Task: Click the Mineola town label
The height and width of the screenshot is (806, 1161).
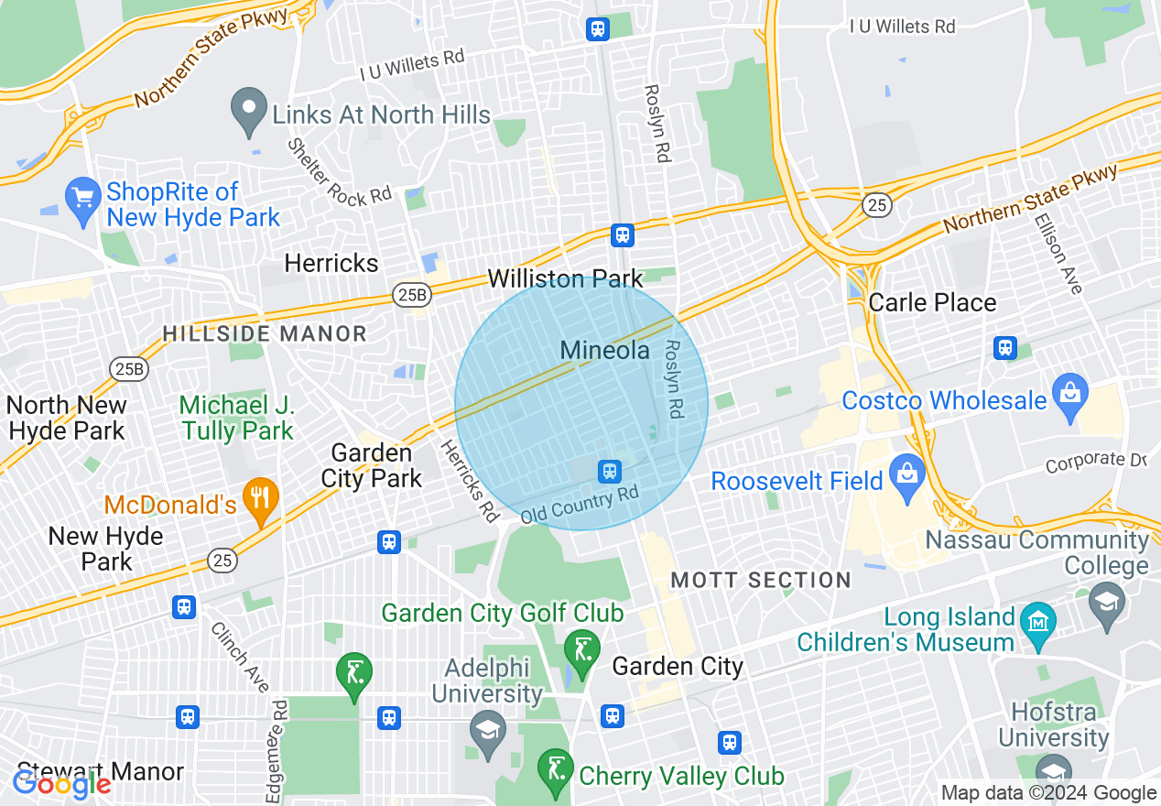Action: pos(604,350)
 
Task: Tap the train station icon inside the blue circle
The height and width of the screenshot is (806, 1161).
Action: pos(609,472)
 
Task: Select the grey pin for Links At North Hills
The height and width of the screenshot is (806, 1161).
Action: pos(248,111)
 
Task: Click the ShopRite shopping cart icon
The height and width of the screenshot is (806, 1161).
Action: pos(82,197)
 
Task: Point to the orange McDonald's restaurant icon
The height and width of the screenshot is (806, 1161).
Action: pos(263,500)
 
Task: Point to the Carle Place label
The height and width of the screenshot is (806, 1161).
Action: pos(932,302)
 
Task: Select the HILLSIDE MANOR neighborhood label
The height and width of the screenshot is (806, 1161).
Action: pos(265,334)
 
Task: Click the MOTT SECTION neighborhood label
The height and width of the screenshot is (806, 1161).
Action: pos(761,580)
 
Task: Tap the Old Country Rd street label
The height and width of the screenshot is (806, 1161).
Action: pos(579,505)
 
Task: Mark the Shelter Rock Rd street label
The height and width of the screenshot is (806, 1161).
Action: pos(338,171)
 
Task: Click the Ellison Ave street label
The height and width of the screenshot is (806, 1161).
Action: pos(1058,254)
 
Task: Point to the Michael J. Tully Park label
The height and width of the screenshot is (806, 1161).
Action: pos(237,418)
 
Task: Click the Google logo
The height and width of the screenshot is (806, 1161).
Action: pos(62,784)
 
